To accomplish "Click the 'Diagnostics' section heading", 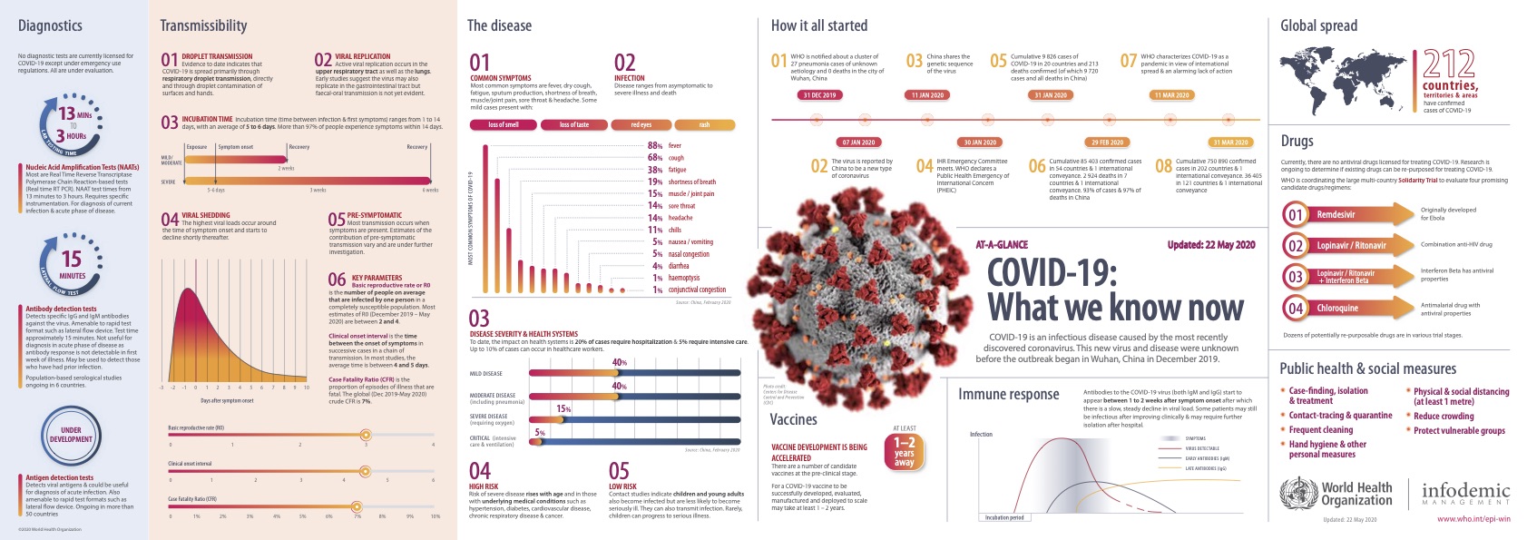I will [x=50, y=26].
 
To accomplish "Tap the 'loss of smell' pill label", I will [x=503, y=124].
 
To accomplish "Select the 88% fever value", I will [x=654, y=145].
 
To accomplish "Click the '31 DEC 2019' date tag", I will [x=818, y=94].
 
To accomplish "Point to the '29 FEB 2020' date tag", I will [x=1107, y=142].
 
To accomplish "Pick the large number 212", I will [x=1449, y=64].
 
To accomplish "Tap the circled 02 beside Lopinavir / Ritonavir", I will [x=1296, y=246].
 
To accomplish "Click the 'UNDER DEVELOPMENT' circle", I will [x=71, y=435].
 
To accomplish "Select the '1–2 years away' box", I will [x=904, y=451].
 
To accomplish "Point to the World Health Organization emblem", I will [x=1297, y=494].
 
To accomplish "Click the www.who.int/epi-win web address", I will [x=1473, y=519].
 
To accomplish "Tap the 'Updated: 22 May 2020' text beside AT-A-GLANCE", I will [x=1210, y=245].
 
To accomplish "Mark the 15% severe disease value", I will [x=563, y=409].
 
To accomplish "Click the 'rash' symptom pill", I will [x=703, y=124].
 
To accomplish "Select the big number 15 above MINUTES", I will [x=71, y=259].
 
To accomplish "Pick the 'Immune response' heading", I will [x=1008, y=395].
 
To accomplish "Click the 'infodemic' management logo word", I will [x=1465, y=490].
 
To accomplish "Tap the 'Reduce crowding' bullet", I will [x=1443, y=417].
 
